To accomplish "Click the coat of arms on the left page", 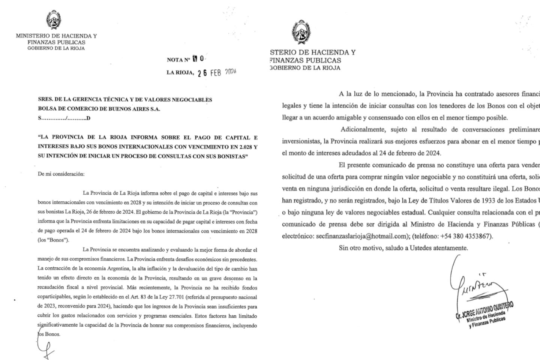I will pos(54,20).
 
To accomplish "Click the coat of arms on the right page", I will pos(301,32).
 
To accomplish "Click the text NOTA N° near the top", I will pos(178,60).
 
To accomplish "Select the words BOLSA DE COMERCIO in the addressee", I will pos(73,109).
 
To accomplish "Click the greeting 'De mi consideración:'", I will pos(61,174).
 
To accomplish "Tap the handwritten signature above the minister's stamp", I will pos(476,285).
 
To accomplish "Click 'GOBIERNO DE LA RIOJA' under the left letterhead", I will pos(56,48).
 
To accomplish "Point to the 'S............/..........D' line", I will pos(64,118).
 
